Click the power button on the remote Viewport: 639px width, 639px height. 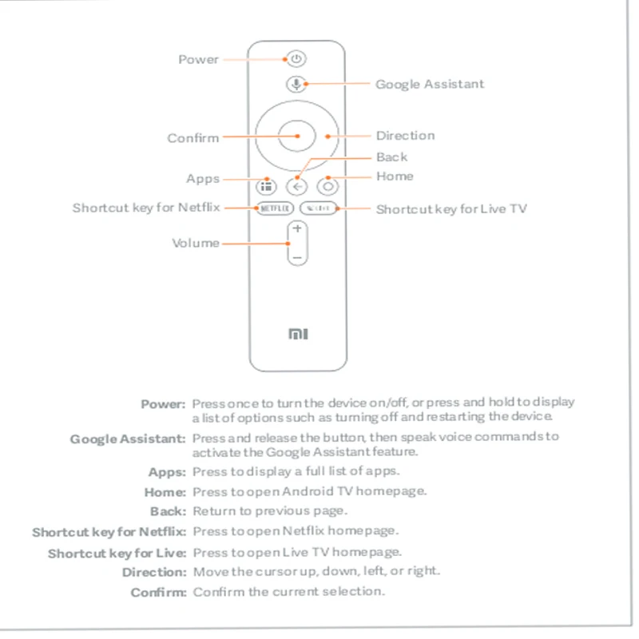pos(296,58)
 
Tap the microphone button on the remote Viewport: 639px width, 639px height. pos(296,84)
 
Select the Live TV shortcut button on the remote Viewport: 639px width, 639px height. pos(319,208)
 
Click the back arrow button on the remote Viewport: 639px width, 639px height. pos(296,187)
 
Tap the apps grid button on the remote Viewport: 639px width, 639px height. pos(265,187)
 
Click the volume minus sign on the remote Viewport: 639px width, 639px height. pos(296,258)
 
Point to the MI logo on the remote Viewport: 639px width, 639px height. pos(297,334)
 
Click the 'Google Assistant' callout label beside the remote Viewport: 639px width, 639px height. pos(430,84)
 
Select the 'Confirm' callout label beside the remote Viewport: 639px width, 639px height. pos(192,138)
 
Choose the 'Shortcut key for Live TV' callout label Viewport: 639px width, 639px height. pos(451,209)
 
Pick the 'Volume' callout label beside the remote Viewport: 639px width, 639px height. pos(196,243)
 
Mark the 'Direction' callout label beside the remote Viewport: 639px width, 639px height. pos(406,136)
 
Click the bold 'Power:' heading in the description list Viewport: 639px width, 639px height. pos(164,404)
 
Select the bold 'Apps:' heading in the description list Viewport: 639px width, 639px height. pos(167,472)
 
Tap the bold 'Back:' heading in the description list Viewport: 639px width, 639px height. pos(168,511)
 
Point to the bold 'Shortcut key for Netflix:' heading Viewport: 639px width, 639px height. pos(109,532)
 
